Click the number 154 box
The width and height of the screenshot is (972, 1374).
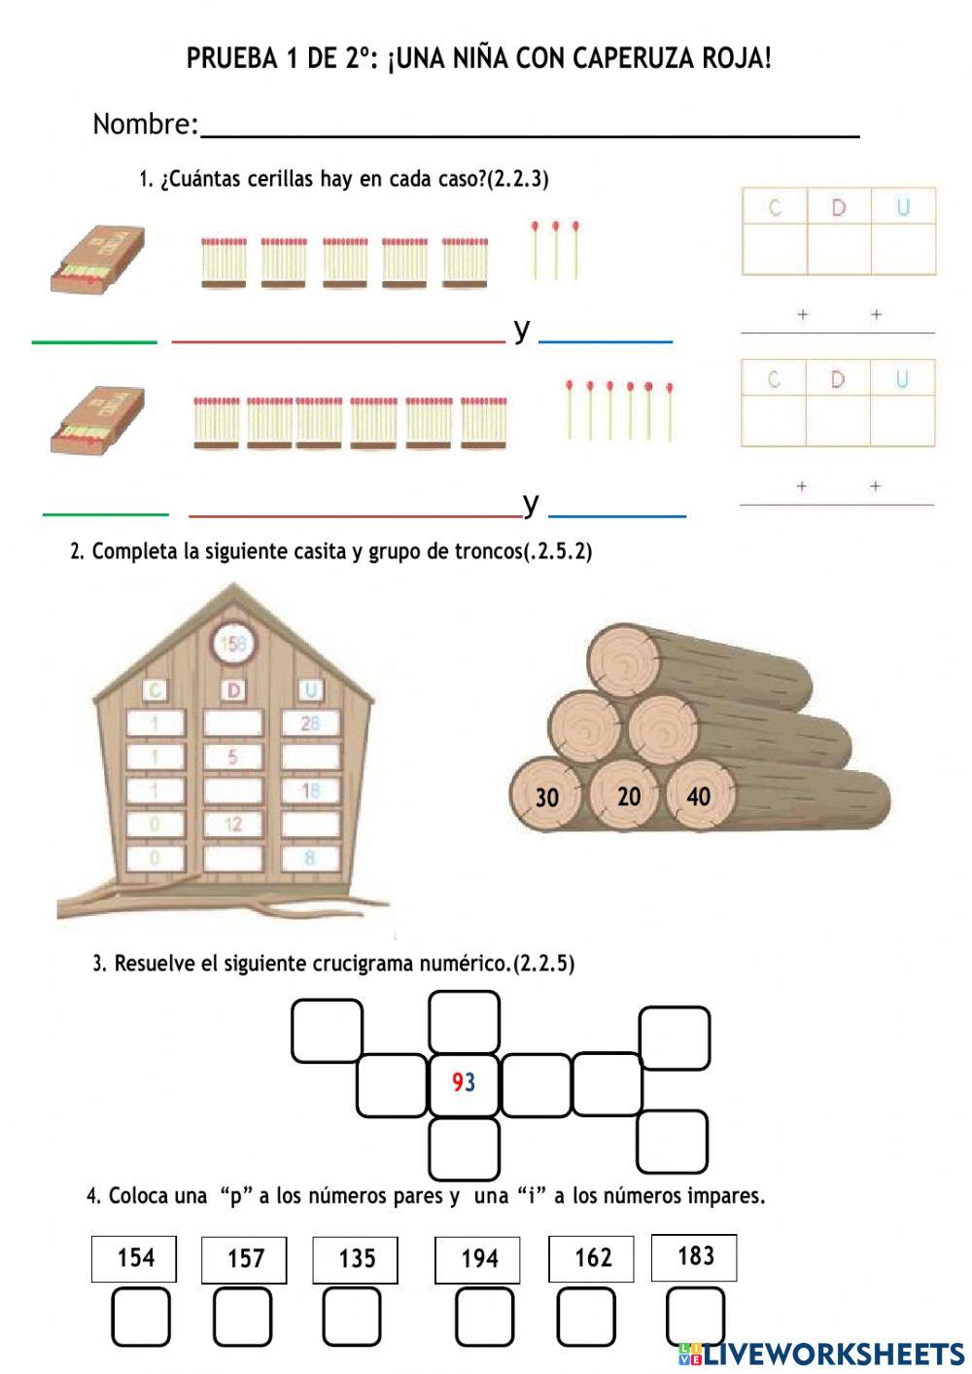click(x=134, y=1258)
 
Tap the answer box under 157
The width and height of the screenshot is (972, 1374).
click(x=242, y=1317)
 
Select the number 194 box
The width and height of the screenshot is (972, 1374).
click(x=477, y=1259)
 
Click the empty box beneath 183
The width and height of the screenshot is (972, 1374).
click(x=696, y=1316)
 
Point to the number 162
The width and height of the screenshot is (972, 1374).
click(x=592, y=1258)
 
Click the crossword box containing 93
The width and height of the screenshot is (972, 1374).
click(x=464, y=1083)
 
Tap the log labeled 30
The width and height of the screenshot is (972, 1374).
click(x=546, y=797)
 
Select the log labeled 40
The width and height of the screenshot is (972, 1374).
click(x=698, y=796)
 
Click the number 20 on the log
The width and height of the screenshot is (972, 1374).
click(x=629, y=796)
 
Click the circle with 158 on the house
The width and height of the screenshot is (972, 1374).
click(x=233, y=643)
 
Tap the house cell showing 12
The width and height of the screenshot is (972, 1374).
click(x=232, y=825)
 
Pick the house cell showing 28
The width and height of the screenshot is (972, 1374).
click(x=310, y=722)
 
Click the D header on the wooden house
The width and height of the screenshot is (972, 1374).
click(x=233, y=689)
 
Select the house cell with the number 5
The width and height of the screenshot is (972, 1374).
click(x=232, y=757)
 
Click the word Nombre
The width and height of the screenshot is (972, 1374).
click(x=144, y=124)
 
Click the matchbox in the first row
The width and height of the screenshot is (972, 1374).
click(x=97, y=259)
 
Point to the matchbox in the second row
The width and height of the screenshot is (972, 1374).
click(x=97, y=419)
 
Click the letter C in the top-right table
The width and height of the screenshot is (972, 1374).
click(x=775, y=207)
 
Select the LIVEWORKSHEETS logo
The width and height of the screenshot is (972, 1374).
click(x=821, y=1353)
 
